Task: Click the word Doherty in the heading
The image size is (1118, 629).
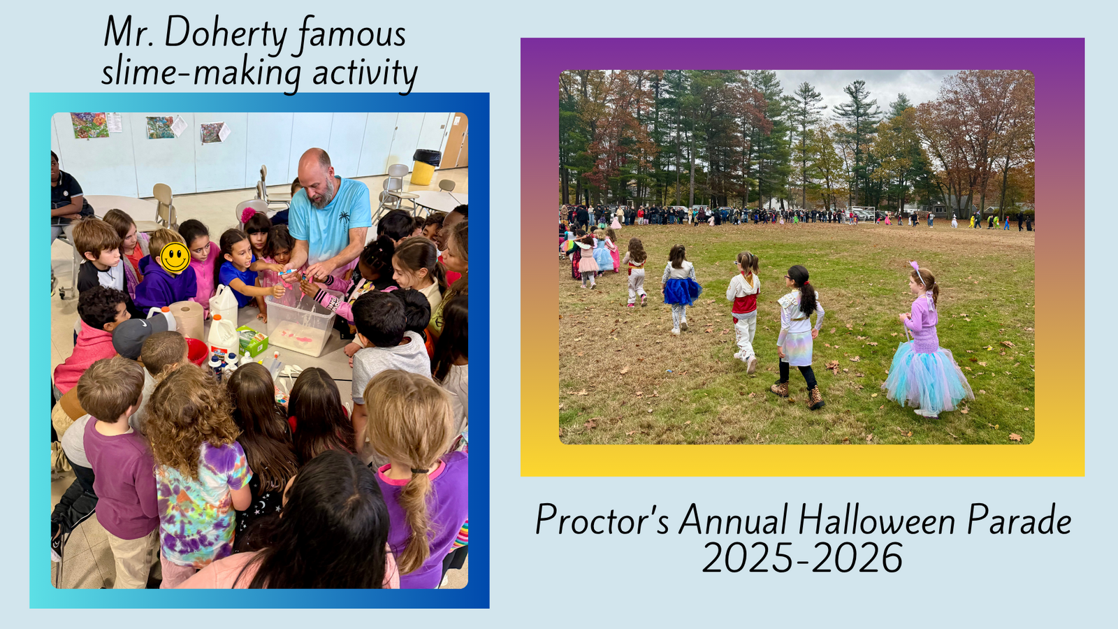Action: tap(226, 33)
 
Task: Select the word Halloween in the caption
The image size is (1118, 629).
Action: tap(877, 520)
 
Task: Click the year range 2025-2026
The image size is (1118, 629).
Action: tap(803, 558)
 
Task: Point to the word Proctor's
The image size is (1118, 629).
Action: tap(602, 520)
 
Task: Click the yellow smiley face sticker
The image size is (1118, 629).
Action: tap(175, 258)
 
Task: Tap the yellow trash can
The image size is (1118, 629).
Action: tap(425, 167)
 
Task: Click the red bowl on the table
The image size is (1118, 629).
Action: tap(197, 351)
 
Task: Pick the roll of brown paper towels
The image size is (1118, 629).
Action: tap(188, 320)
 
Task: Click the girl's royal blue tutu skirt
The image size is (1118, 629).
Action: tap(681, 291)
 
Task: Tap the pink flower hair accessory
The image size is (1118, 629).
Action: tap(248, 215)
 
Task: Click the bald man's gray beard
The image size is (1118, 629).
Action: tap(324, 196)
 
